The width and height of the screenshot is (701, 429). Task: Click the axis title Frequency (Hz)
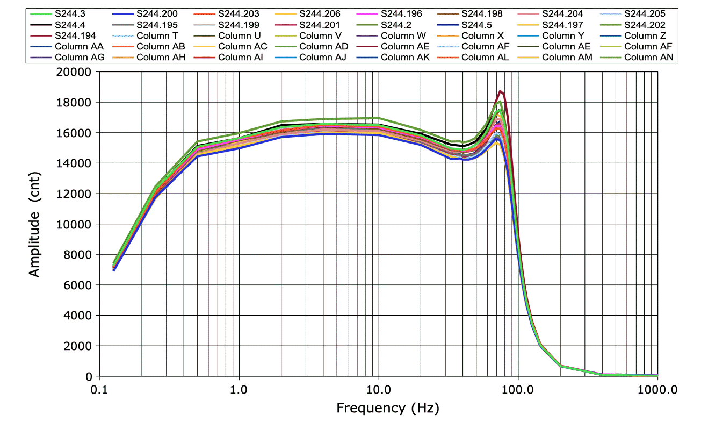point(387,409)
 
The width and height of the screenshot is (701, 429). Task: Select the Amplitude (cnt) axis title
point(34,237)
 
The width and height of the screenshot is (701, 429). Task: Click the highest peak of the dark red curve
point(500,91)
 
